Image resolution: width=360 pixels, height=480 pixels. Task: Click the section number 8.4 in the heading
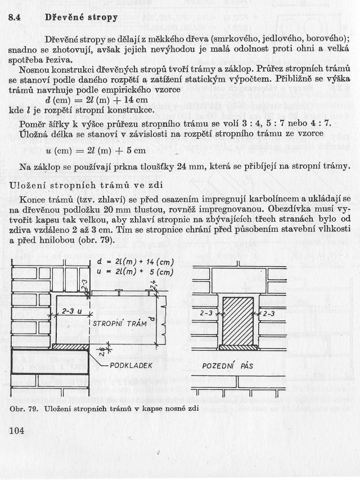pos(15,17)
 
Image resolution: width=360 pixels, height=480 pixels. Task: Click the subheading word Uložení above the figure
pos(29,185)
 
